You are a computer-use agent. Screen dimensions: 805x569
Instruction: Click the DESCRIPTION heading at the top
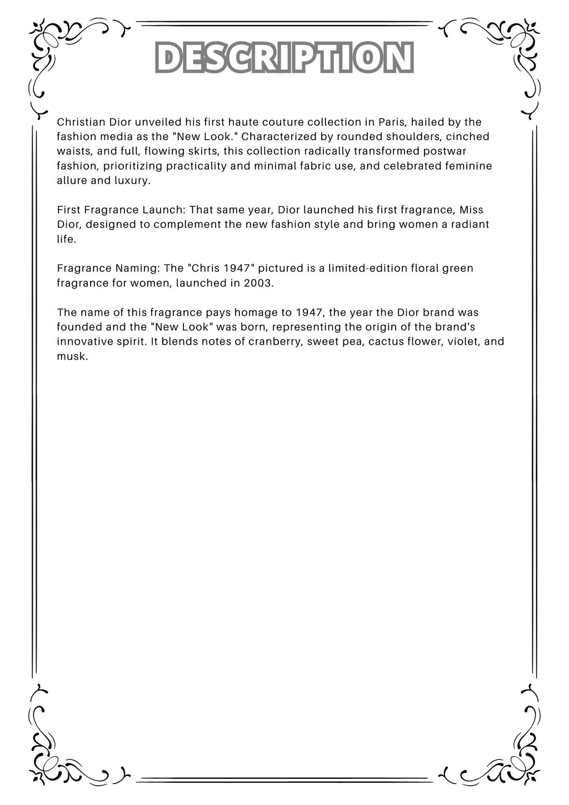tap(284, 58)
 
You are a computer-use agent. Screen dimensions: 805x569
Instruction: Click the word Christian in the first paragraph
tap(77, 122)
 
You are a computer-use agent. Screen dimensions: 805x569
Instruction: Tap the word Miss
tap(471, 210)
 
